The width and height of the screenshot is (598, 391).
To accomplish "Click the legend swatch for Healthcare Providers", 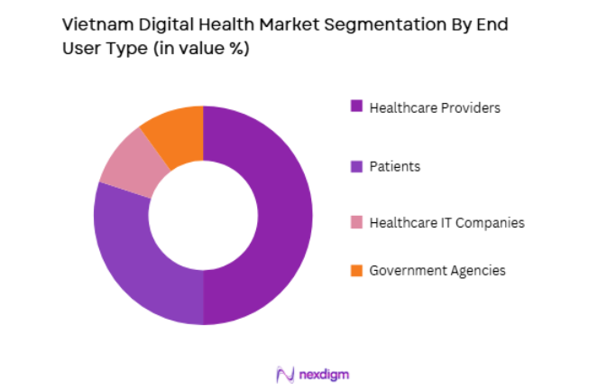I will pos(356,107).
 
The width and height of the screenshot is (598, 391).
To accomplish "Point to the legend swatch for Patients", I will pos(356,165).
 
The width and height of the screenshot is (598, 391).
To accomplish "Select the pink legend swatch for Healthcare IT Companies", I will pos(356,222).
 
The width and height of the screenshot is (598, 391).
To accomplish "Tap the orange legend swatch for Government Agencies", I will pos(356,270).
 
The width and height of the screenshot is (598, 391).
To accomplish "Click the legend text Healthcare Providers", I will pos(435,107).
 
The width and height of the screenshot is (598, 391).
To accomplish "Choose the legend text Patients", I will pos(394,165).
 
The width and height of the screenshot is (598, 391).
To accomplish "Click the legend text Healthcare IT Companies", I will pos(446,222).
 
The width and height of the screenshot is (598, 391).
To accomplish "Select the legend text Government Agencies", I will pos(437,270).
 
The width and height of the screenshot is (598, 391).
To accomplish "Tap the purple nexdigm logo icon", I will pos(285,374).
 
